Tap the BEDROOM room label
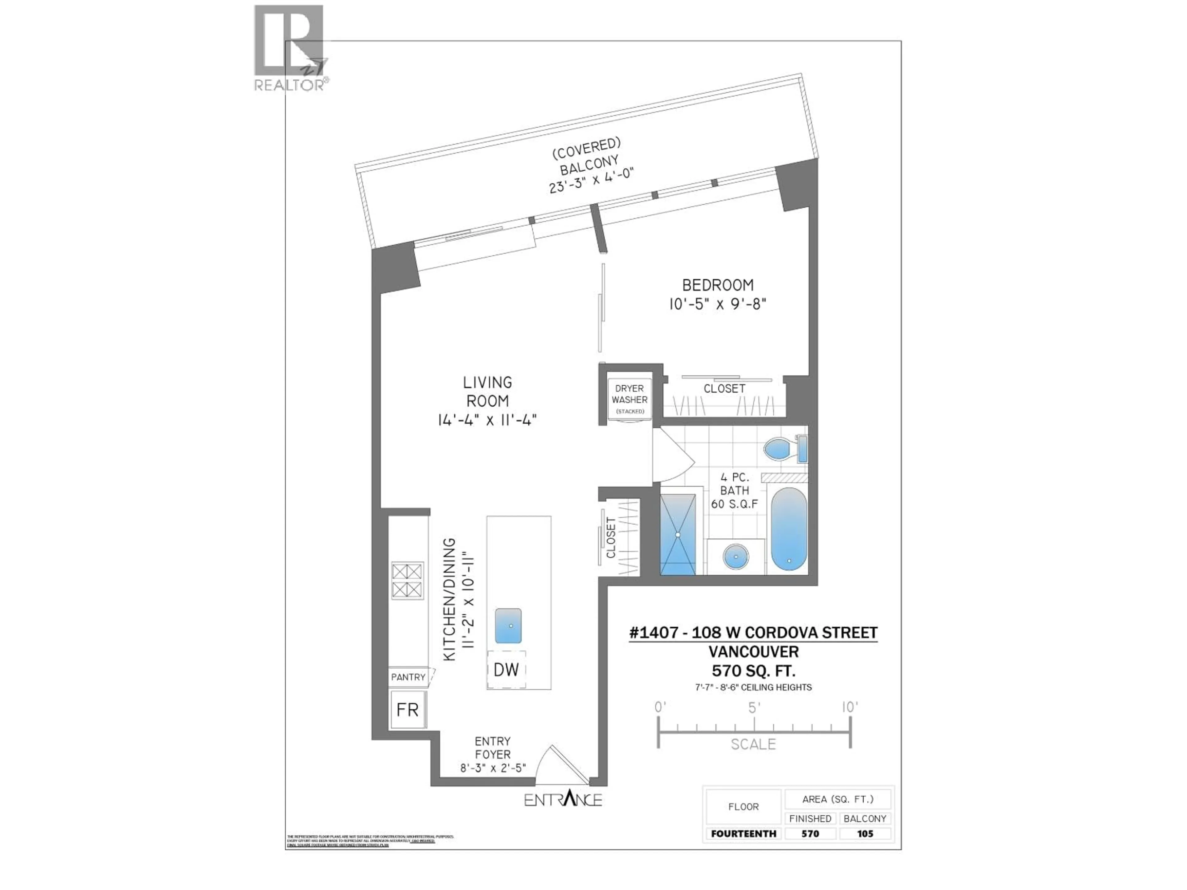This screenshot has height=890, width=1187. (x=717, y=285)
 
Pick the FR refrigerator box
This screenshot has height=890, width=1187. (x=407, y=710)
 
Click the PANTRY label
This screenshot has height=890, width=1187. (x=408, y=677)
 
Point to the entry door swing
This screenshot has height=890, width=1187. (x=558, y=762)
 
